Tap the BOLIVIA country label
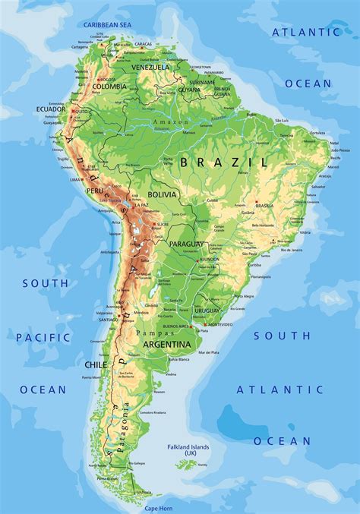(x=163, y=195)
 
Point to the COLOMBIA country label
(x=110, y=87)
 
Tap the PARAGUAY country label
(x=185, y=243)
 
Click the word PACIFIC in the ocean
(x=43, y=336)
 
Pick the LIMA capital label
(x=75, y=180)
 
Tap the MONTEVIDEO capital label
(x=219, y=325)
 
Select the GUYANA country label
(x=188, y=89)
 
